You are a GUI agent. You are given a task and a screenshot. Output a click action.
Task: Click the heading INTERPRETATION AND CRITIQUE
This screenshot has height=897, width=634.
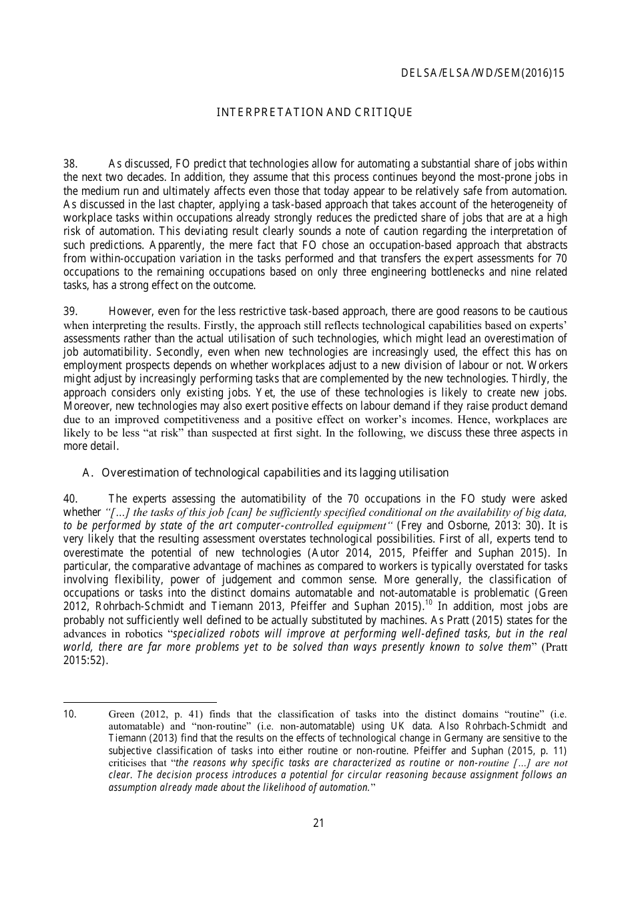point(314,113)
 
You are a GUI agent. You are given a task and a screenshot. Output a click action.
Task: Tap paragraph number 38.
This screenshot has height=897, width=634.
point(71,164)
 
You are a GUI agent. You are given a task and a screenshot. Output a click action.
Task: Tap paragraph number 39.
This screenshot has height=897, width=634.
point(71,312)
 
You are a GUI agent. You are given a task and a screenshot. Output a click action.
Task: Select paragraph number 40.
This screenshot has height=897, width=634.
point(71,499)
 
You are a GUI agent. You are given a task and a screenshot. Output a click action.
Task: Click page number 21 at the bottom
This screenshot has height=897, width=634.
point(318,823)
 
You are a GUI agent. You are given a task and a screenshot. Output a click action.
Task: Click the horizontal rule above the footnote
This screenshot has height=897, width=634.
point(139,701)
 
